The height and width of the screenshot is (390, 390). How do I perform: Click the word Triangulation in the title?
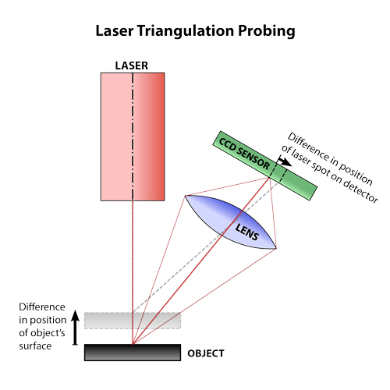(x=186, y=31)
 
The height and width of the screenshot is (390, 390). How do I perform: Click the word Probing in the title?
(x=267, y=31)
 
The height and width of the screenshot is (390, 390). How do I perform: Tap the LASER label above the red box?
(x=132, y=66)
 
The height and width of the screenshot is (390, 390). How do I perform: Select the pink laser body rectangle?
(x=133, y=136)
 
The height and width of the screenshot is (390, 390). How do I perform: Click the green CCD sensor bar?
(x=265, y=165)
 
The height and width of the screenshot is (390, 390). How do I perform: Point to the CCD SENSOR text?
(x=244, y=154)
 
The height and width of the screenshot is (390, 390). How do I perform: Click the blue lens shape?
(x=230, y=222)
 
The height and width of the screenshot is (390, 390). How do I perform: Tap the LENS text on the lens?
(x=247, y=232)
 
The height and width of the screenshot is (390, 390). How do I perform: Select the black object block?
(x=133, y=353)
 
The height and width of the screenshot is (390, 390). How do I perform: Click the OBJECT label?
(x=206, y=353)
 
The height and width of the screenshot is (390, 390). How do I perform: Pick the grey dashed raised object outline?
(x=133, y=321)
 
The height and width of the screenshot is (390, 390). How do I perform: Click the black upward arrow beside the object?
(x=75, y=328)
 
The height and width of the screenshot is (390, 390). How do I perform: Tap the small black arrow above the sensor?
(x=284, y=161)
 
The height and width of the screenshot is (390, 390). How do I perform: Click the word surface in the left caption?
(x=35, y=346)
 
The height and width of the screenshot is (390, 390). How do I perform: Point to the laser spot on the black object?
(x=133, y=344)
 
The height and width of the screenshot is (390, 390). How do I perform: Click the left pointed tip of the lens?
(x=185, y=196)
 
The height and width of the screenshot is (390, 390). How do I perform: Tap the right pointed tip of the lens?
(x=276, y=249)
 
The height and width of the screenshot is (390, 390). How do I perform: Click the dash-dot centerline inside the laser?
(x=133, y=136)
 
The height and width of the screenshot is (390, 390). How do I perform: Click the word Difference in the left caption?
(x=42, y=307)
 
